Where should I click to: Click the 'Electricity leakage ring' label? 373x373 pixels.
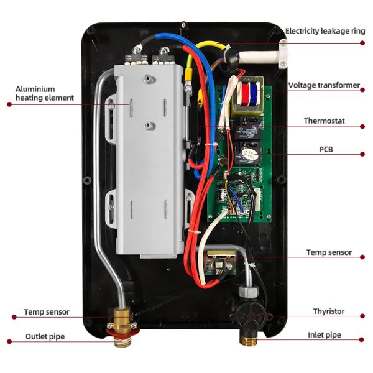(325, 31)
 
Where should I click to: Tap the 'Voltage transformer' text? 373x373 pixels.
(324, 85)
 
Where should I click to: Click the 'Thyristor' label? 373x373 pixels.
(329, 311)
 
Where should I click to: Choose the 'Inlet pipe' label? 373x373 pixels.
(325, 335)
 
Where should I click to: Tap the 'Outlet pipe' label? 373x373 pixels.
(45, 336)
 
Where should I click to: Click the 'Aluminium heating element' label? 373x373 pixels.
(44, 93)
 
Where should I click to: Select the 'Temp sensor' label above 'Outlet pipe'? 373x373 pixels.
(47, 311)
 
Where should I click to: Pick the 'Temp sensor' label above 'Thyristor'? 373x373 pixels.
(329, 252)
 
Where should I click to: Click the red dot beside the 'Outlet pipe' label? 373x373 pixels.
(9, 341)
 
